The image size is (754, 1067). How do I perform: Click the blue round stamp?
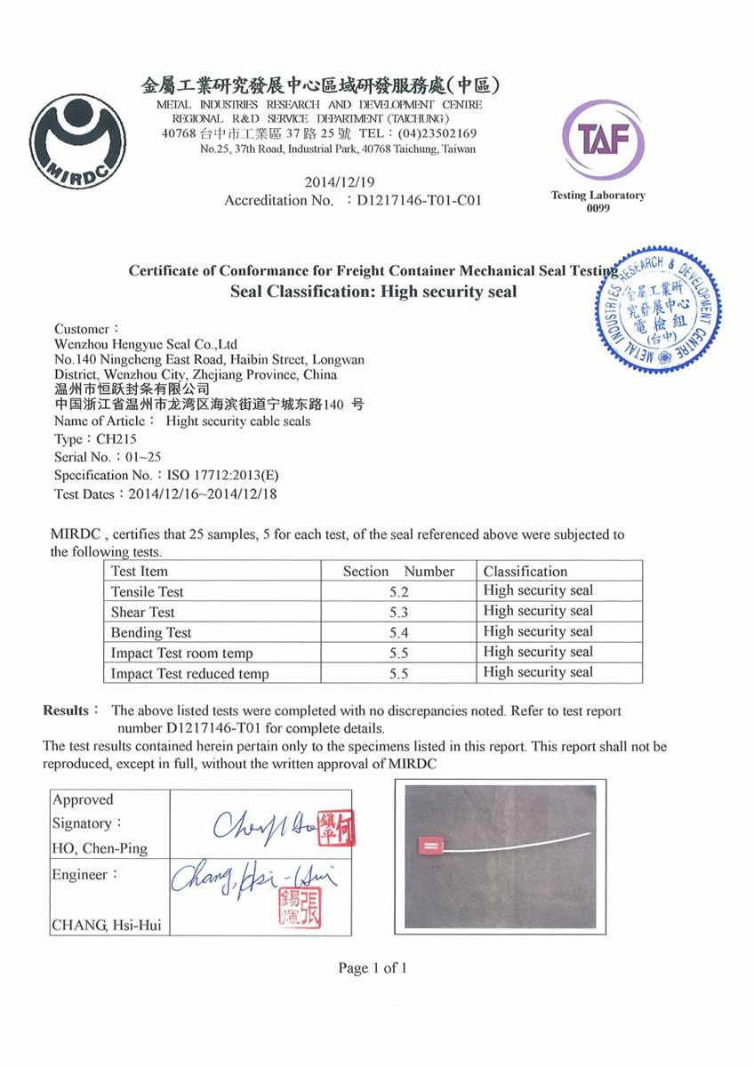tap(659, 309)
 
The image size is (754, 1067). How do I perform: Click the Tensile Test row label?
tap(148, 591)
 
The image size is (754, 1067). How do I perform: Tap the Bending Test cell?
tap(151, 632)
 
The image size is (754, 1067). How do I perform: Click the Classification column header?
tap(525, 571)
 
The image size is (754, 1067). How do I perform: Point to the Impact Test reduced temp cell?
tap(189, 673)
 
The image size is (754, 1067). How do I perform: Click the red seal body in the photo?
tap(429, 844)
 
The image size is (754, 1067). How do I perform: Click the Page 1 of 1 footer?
tap(373, 967)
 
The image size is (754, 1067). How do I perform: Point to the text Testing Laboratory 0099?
tap(598, 201)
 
